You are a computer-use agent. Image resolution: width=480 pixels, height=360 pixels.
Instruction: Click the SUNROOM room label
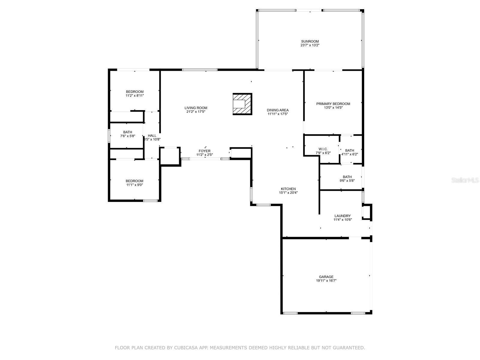(x=310, y=41)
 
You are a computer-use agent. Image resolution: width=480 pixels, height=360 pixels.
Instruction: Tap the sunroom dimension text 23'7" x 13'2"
(x=310, y=45)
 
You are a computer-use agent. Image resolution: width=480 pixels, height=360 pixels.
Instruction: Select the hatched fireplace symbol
(x=242, y=104)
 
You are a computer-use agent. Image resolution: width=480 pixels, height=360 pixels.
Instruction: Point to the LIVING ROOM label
(x=196, y=108)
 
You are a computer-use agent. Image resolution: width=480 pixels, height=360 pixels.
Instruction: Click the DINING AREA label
(x=278, y=110)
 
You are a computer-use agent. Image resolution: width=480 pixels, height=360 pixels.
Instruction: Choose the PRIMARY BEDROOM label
(x=333, y=104)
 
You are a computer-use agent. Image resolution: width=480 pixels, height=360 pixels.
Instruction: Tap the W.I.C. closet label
(x=323, y=149)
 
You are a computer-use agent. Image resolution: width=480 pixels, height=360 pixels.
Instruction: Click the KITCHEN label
(x=288, y=189)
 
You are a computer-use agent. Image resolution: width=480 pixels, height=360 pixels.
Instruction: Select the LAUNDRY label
(x=343, y=216)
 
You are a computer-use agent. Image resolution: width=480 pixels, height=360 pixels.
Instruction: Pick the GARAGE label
(x=326, y=277)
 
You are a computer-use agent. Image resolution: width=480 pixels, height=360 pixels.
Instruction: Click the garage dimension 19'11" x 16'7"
(x=326, y=281)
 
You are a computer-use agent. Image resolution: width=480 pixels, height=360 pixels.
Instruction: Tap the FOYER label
(x=205, y=151)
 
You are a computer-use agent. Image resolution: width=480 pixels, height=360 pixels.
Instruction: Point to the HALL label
(x=152, y=136)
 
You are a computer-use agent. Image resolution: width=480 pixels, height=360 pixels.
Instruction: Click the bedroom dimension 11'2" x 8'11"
(x=135, y=95)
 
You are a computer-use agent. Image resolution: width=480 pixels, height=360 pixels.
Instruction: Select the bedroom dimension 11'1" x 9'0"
(x=134, y=185)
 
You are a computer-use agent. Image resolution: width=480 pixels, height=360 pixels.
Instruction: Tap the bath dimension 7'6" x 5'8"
(x=128, y=136)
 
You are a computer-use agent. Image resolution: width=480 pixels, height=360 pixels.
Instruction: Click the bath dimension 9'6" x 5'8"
(x=347, y=181)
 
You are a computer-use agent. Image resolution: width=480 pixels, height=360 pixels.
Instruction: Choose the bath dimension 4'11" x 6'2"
(x=349, y=154)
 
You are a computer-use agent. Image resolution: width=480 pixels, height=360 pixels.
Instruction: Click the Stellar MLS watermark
(x=464, y=180)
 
